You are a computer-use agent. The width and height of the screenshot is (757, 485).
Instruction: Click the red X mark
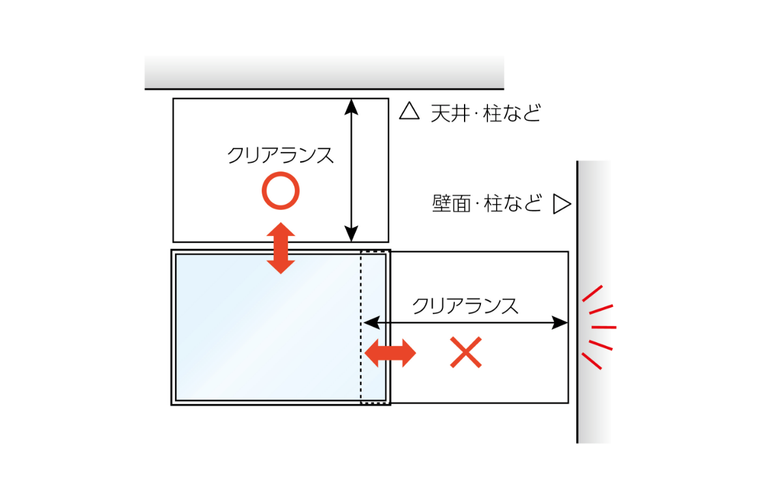click(466, 353)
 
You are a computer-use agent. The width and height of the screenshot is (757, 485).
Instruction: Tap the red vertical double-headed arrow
click(281, 248)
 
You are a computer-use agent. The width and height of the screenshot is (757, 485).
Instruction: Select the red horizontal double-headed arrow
click(390, 353)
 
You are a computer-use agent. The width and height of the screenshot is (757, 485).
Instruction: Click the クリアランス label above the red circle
click(281, 155)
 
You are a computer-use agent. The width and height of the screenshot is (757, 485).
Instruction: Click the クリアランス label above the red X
click(465, 306)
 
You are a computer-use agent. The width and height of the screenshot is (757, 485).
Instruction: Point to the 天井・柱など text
click(486, 113)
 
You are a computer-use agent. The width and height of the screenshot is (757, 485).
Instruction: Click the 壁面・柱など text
click(487, 203)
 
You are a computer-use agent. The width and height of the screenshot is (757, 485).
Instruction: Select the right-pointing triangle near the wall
click(562, 204)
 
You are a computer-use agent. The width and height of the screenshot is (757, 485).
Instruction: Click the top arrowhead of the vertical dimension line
click(352, 107)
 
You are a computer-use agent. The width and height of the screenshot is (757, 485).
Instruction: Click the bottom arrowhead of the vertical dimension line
click(352, 233)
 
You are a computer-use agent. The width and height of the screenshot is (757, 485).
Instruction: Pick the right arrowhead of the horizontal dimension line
click(559, 323)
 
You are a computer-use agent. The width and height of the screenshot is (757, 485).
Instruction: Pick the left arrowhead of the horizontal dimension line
click(371, 323)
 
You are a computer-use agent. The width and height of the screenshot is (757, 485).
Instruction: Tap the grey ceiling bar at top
click(324, 72)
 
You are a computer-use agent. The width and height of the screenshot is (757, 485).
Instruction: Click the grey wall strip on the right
click(593, 302)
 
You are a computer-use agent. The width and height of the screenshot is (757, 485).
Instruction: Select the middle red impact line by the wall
click(604, 327)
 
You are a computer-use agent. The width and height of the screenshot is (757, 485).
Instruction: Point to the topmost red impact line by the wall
click(593, 293)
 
